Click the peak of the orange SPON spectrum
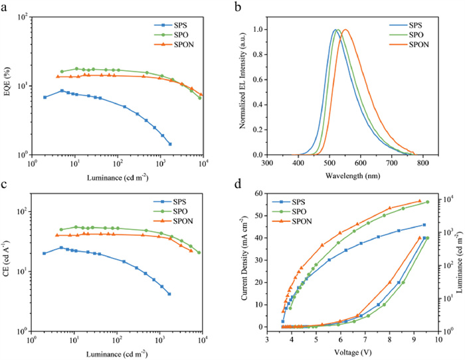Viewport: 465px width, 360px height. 365,30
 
